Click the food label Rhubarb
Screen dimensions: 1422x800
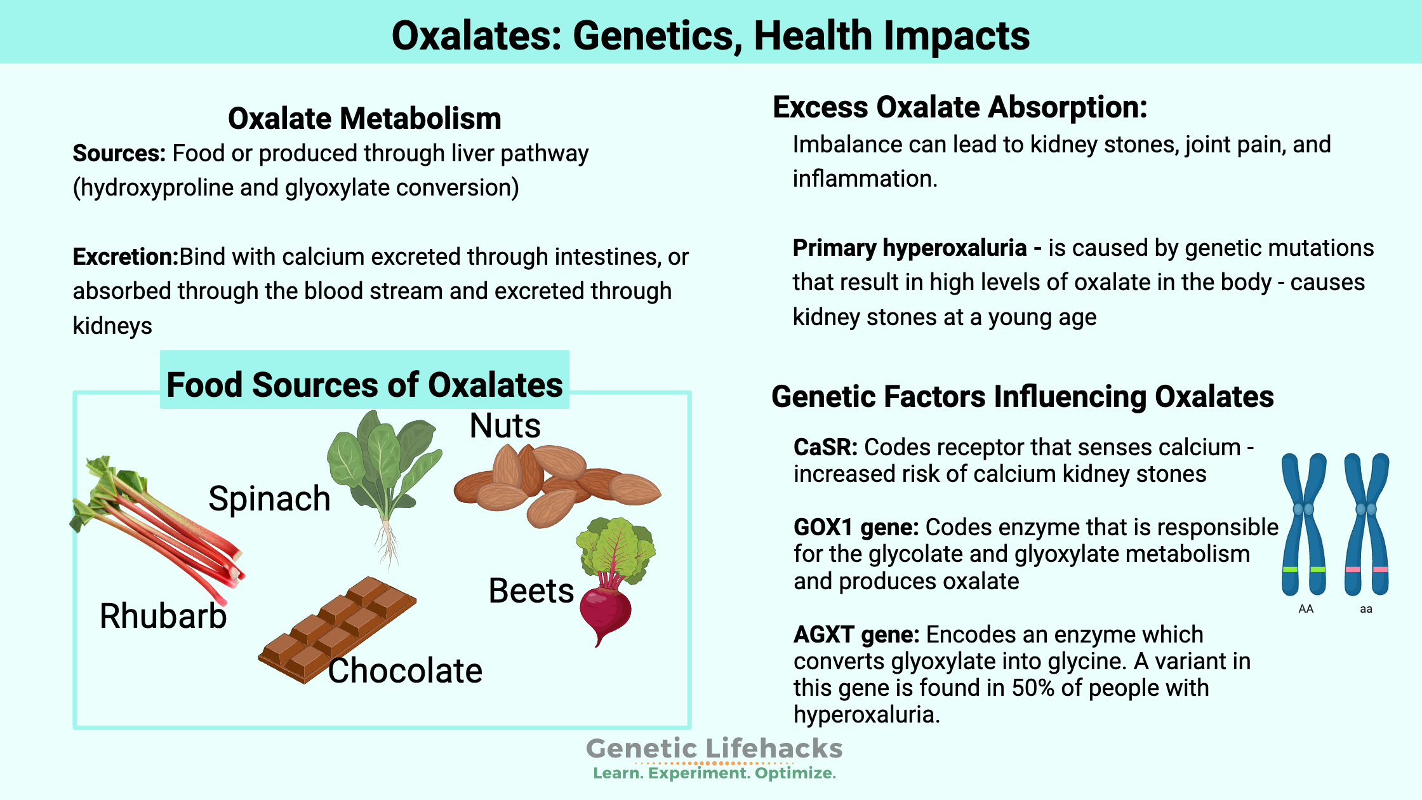click(x=163, y=616)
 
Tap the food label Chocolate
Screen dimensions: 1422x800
click(x=405, y=670)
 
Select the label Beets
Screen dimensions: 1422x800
click(x=531, y=591)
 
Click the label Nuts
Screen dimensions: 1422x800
click(x=505, y=425)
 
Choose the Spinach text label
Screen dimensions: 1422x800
click(x=270, y=498)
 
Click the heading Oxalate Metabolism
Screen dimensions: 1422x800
click(x=364, y=119)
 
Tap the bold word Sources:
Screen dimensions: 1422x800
click(x=119, y=154)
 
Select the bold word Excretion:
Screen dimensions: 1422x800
click(x=126, y=257)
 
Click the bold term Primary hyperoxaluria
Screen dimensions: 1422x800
click(x=910, y=248)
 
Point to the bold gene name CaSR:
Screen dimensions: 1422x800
click(x=825, y=447)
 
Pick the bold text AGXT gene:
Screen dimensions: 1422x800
click(x=856, y=634)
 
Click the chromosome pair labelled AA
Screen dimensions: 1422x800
click(x=1304, y=524)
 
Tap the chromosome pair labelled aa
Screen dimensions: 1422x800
click(x=1366, y=524)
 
